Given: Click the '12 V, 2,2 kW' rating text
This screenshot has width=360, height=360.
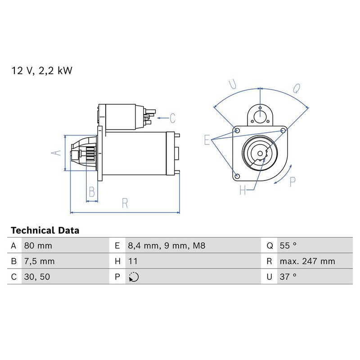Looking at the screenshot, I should coord(41,71).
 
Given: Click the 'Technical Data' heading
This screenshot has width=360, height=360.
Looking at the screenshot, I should coord(45,230).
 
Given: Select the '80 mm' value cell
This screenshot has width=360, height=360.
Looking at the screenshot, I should coord(38,246).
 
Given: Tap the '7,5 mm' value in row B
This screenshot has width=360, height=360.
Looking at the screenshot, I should coord(40,261).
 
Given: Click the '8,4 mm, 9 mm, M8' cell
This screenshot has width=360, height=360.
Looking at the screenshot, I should coord(166,246).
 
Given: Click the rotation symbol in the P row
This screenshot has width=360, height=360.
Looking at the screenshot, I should coord(134,277).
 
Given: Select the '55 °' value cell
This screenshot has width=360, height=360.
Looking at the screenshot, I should coord(288,246).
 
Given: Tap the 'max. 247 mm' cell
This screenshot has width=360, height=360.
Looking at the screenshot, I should coord(307,261).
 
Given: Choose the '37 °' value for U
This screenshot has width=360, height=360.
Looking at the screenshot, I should coord(288,277).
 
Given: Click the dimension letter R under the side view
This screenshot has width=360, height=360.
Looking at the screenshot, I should coord(125,203).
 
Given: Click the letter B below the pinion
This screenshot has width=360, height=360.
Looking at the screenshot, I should coord(92,193).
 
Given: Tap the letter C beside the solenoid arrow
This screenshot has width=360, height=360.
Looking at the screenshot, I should coord(172,118).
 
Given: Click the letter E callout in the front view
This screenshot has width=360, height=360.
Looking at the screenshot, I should coord(207,140).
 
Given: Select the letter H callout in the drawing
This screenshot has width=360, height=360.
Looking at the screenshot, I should coord(243,191).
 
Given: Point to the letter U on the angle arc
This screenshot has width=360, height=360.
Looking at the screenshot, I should coord(232,84).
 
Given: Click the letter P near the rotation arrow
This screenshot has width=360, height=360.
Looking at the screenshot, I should coord(292,182).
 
